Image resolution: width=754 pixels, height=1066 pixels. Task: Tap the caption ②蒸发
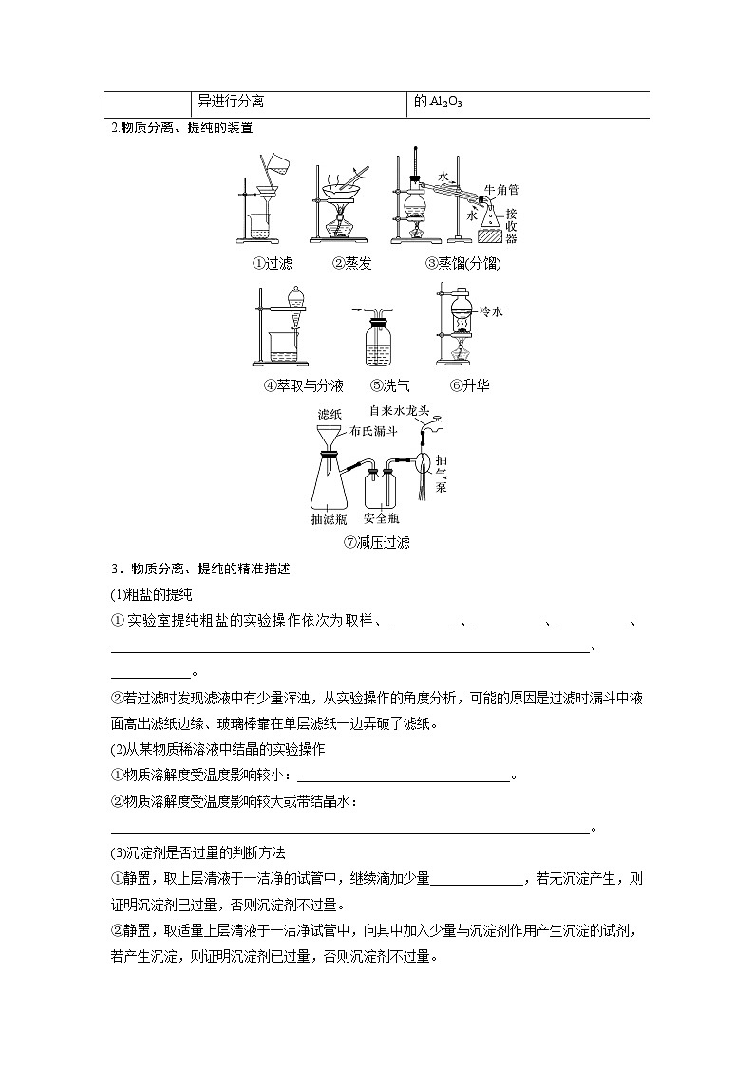[x=351, y=263]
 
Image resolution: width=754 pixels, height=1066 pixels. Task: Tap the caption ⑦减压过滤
[x=377, y=543]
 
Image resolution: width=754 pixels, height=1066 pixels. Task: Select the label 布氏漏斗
[x=372, y=430]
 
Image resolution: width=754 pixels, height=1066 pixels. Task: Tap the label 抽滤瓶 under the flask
[x=330, y=519]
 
